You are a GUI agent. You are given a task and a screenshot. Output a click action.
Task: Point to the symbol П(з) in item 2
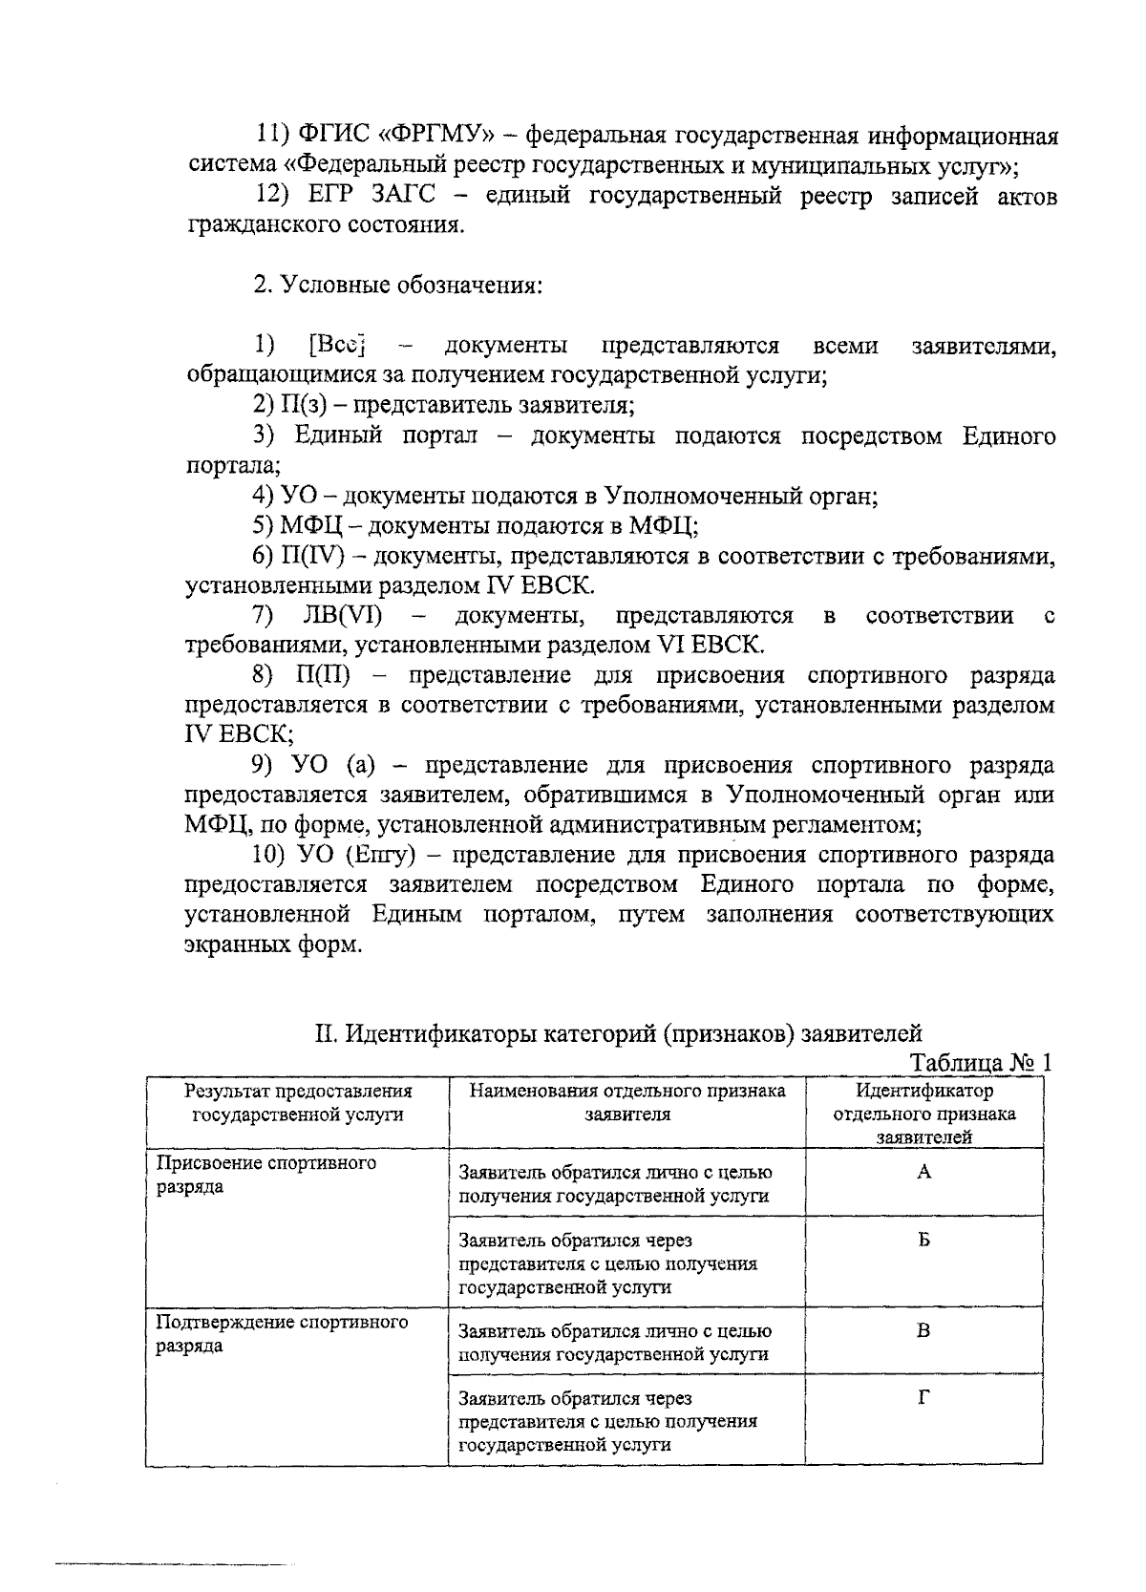click(304, 405)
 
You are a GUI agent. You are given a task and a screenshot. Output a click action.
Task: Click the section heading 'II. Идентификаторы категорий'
click(619, 1032)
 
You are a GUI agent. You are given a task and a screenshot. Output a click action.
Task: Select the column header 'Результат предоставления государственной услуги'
click(298, 1102)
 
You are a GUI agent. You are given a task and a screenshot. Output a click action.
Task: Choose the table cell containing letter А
click(923, 1173)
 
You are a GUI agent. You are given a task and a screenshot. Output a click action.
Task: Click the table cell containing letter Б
click(923, 1241)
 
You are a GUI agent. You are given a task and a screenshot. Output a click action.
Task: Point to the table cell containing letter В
click(923, 1330)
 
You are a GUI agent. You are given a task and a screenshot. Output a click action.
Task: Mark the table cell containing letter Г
click(923, 1398)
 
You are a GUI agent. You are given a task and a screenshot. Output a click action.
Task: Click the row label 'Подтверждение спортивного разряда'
click(282, 1333)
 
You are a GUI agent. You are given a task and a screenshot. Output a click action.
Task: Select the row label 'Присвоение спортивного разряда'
click(265, 1175)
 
